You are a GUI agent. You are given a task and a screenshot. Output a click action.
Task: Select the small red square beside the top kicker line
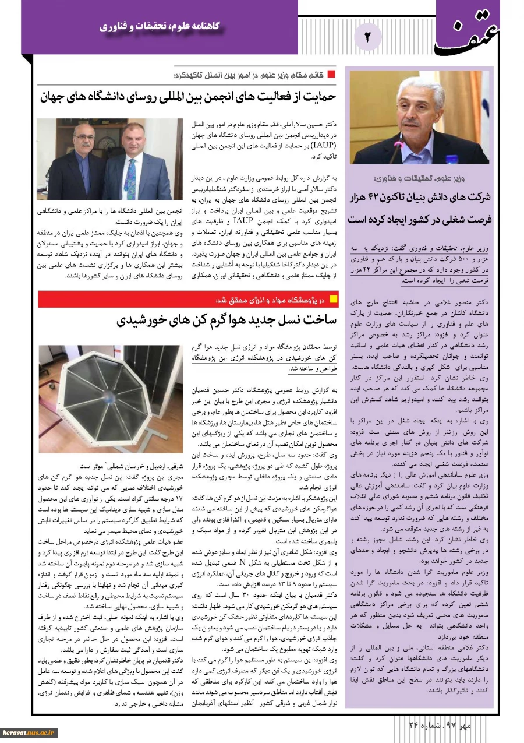[331, 74]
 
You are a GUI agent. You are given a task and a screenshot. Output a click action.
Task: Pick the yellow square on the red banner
[333, 300]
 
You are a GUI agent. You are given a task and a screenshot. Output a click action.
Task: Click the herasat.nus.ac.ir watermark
[27, 731]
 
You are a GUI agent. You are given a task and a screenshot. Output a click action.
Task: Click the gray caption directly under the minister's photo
[419, 178]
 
